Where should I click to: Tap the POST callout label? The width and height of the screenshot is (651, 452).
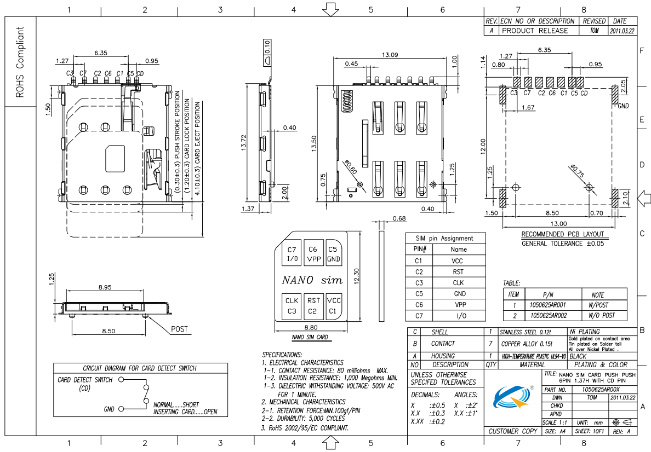tap(179, 329)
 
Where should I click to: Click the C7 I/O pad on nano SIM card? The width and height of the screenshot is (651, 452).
tap(292, 254)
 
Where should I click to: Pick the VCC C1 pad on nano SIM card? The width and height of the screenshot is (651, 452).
tap(333, 305)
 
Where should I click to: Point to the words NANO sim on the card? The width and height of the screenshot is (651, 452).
tap(312, 280)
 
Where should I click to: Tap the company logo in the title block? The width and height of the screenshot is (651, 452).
tap(514, 398)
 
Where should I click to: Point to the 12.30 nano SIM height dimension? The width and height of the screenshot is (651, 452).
tap(357, 276)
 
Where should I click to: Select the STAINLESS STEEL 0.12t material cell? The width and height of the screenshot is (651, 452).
tap(525, 332)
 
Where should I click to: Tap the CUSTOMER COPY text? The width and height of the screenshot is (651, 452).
tap(512, 431)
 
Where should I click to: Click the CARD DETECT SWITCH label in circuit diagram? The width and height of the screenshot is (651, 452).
tap(85, 379)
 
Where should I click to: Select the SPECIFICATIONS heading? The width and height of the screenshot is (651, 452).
tap(282, 355)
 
